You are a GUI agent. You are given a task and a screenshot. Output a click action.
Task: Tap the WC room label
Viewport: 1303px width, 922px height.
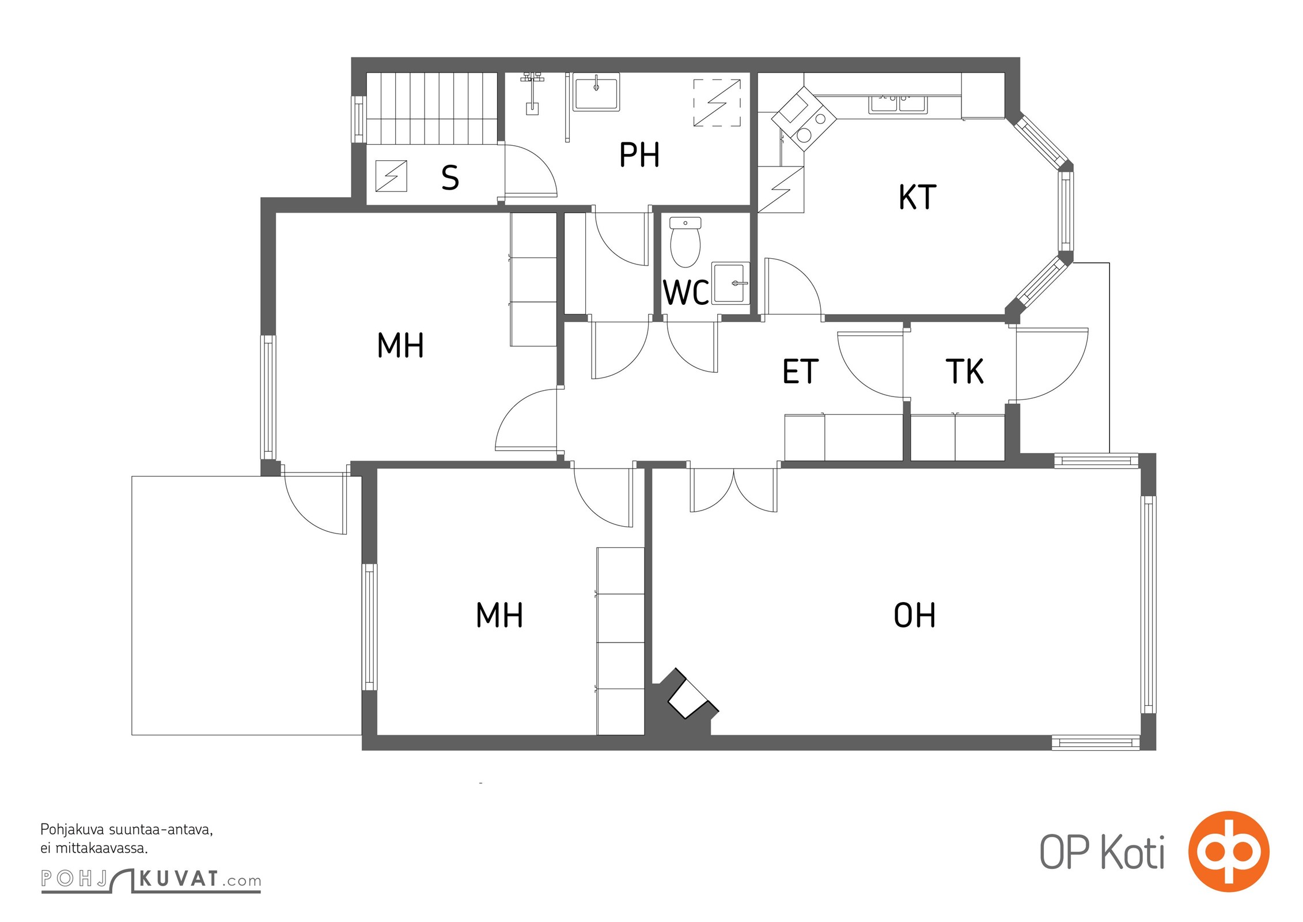[x=686, y=293]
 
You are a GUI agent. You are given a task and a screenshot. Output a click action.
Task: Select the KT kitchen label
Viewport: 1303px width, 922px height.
[x=917, y=197]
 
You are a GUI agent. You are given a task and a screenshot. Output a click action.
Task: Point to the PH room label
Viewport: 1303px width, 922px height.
[x=639, y=154]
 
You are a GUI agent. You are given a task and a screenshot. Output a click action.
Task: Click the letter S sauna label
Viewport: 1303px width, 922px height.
[x=450, y=177]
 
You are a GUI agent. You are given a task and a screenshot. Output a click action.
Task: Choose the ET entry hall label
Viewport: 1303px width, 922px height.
[x=801, y=371]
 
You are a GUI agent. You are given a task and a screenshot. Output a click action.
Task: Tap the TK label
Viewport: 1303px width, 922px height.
[x=965, y=371]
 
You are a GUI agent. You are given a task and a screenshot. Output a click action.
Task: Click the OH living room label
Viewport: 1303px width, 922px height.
[x=914, y=615]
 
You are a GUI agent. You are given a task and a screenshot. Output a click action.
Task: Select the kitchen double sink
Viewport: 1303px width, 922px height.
[x=898, y=104]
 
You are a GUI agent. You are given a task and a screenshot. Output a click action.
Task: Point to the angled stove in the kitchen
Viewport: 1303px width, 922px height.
[x=804, y=119]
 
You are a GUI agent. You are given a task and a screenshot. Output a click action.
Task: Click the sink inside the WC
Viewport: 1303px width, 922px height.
[x=730, y=283]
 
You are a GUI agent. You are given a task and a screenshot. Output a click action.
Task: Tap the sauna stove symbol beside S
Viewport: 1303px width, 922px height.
[x=391, y=176]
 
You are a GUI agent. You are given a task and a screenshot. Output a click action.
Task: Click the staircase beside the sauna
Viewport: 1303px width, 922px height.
[x=432, y=108]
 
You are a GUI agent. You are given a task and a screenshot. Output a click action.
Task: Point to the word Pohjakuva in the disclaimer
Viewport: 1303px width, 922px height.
[x=73, y=830]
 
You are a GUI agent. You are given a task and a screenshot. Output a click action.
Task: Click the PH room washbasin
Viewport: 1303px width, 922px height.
[x=596, y=92]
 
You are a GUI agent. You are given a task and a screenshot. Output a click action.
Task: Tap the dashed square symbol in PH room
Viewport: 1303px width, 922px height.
[x=717, y=103]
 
